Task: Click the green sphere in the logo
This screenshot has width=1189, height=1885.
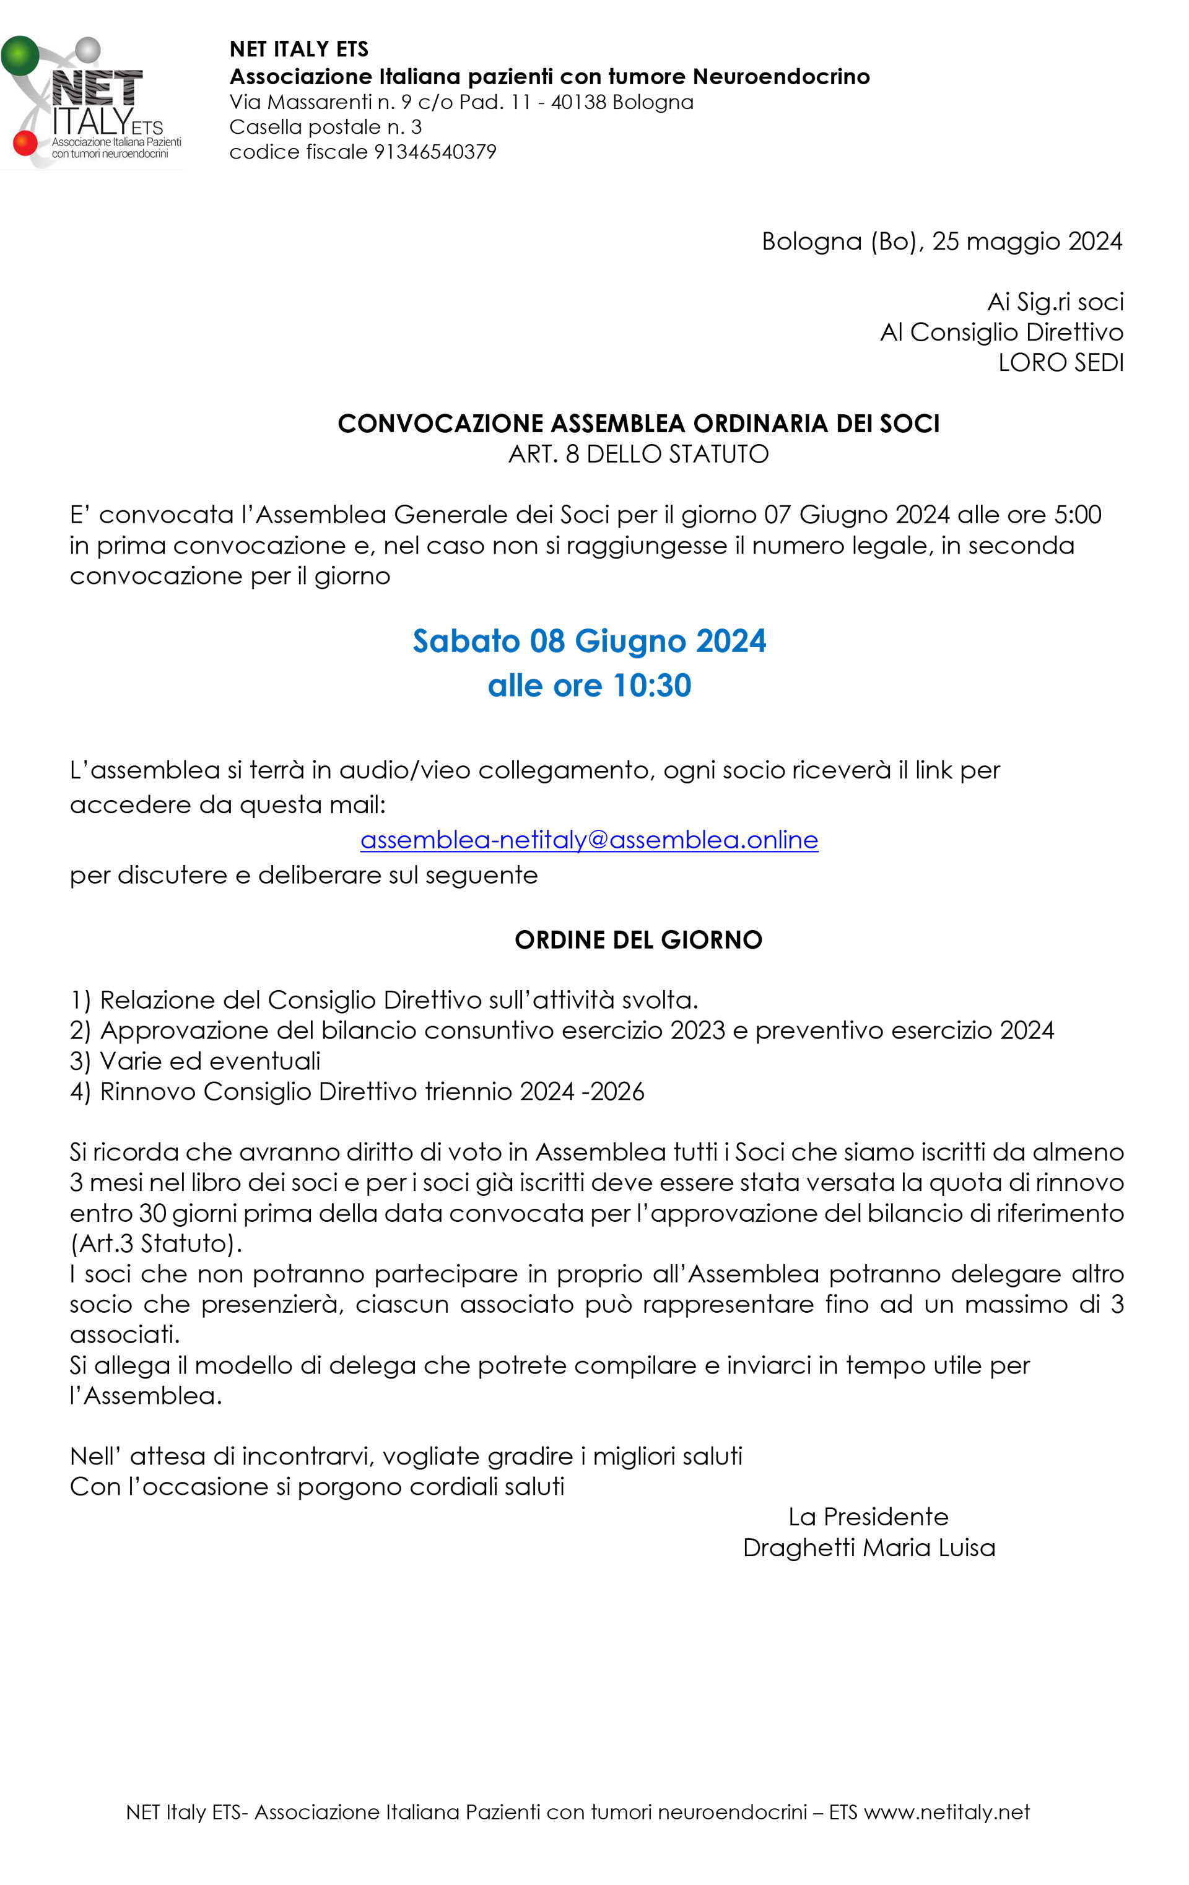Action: click(x=20, y=56)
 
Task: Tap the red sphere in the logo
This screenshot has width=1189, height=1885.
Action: click(x=25, y=142)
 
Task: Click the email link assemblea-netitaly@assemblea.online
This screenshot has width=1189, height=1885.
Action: click(x=589, y=840)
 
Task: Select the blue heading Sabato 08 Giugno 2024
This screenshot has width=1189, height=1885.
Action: click(x=589, y=641)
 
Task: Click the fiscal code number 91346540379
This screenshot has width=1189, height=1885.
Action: click(x=435, y=152)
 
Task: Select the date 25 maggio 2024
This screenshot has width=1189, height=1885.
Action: click(x=1027, y=242)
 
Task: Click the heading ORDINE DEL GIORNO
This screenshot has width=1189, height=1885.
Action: click(x=638, y=939)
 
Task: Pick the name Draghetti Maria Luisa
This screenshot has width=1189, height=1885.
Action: click(x=869, y=1548)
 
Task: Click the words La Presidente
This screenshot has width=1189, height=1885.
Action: click(x=868, y=1517)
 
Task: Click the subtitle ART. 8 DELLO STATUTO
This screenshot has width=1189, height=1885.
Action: click(x=638, y=454)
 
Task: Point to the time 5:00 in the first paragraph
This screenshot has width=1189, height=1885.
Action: click(x=1078, y=515)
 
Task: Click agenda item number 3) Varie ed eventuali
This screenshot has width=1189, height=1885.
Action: click(x=196, y=1061)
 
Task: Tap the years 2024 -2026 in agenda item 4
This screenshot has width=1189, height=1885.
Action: click(x=581, y=1092)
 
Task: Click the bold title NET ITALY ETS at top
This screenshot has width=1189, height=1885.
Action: click(x=299, y=50)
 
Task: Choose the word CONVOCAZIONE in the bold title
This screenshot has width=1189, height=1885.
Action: click(x=440, y=424)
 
